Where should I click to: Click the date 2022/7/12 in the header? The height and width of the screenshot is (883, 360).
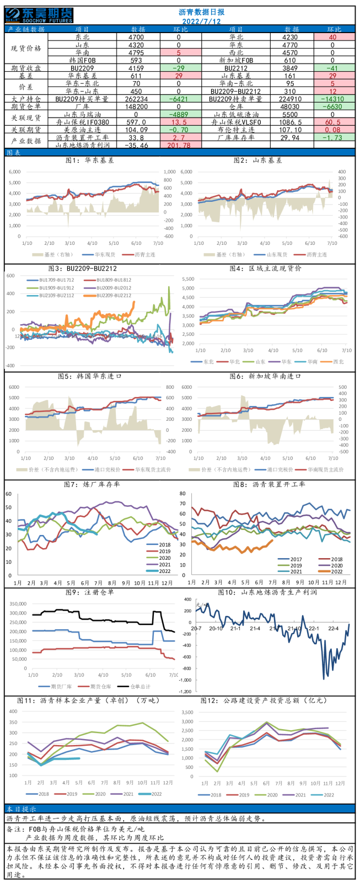pos(202,21)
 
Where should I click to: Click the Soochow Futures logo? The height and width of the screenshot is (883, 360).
pos(40,15)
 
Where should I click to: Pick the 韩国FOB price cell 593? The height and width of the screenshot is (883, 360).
pos(137,61)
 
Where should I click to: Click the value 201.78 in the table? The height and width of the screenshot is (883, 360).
pos(179,146)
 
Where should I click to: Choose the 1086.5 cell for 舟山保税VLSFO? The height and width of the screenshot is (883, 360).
pos(292,122)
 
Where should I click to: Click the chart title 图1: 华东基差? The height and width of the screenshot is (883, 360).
pos(90,160)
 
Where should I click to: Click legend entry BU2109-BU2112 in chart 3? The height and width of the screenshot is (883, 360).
pos(56,296)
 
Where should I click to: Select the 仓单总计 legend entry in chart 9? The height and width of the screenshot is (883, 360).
pos(140,687)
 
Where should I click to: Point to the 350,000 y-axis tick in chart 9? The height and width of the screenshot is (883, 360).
pos(18,604)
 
